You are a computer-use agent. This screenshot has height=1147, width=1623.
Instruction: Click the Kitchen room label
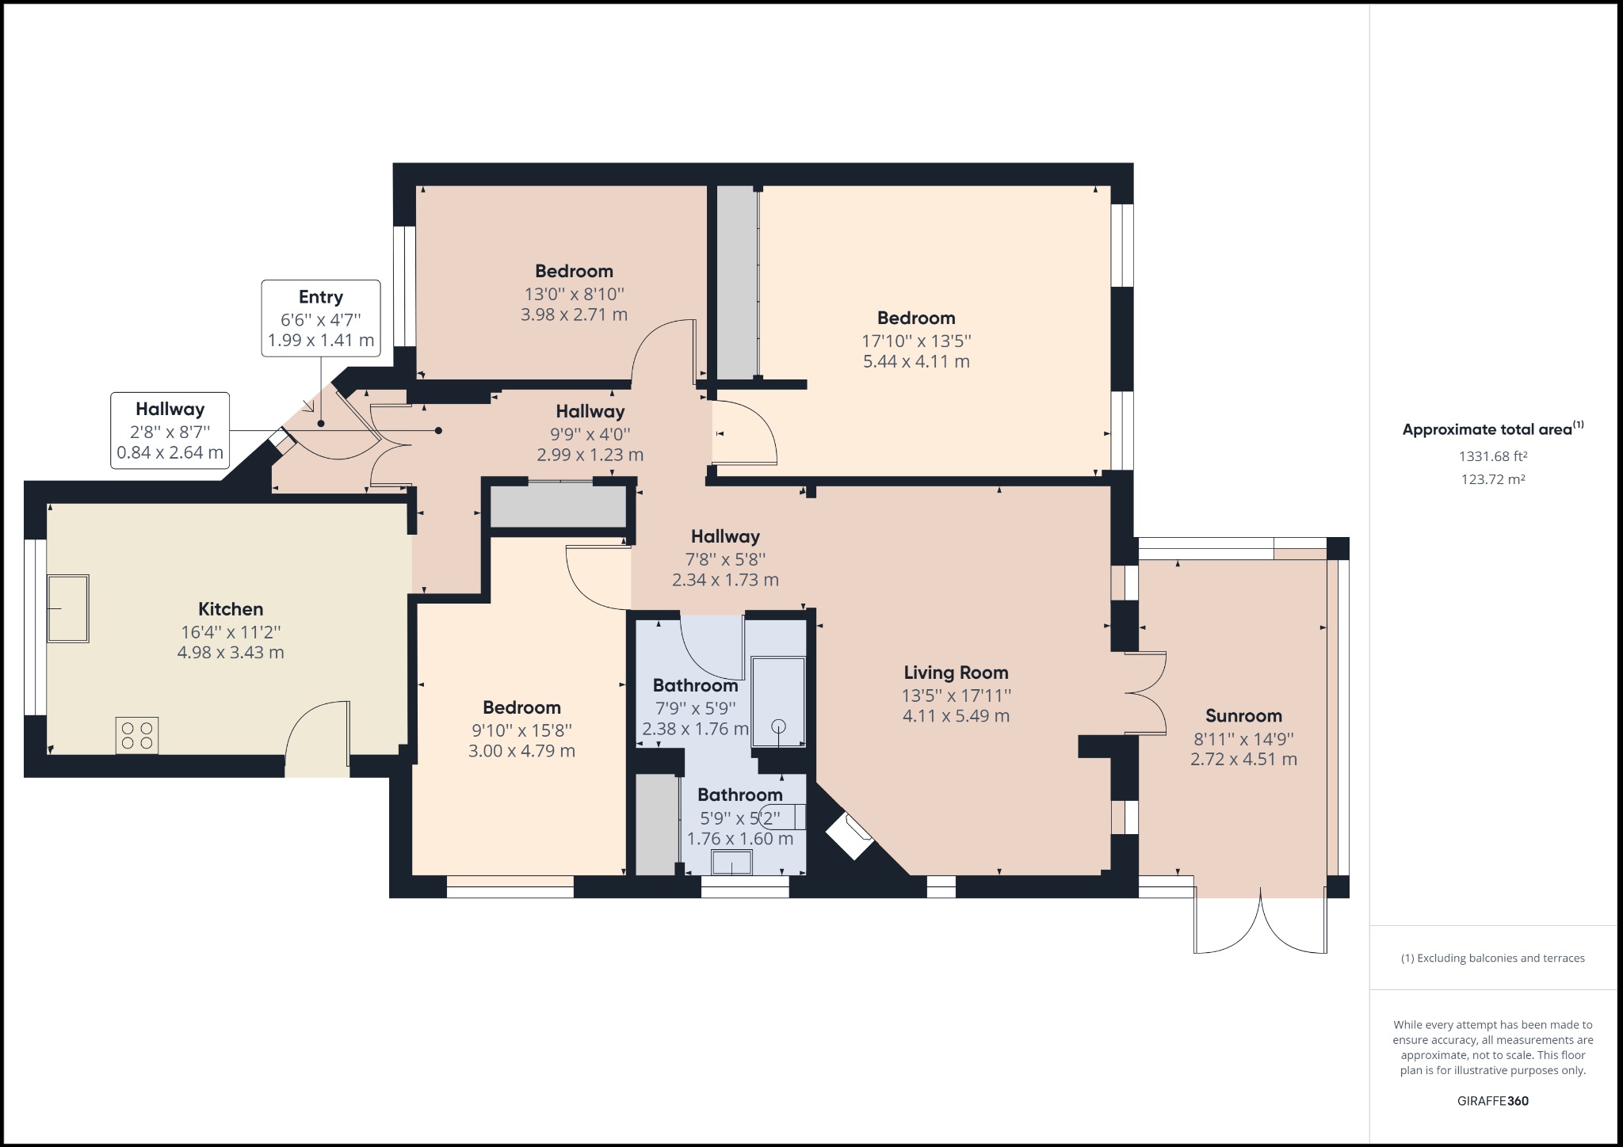(231, 609)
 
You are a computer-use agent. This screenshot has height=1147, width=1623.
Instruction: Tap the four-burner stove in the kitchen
(137, 735)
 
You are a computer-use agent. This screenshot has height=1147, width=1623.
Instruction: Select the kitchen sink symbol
(68, 608)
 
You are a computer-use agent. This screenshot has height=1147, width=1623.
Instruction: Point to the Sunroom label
(1243, 716)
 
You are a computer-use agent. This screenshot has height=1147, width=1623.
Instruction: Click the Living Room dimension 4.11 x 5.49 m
(956, 716)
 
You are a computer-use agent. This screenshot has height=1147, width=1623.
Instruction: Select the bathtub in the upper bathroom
(777, 701)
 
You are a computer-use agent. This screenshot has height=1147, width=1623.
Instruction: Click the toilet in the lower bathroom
(785, 816)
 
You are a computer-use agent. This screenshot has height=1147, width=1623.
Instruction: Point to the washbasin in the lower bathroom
(731, 862)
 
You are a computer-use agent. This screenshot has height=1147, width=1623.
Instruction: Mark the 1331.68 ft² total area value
(1493, 456)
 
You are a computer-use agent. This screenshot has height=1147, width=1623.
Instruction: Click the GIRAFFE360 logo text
(1493, 1101)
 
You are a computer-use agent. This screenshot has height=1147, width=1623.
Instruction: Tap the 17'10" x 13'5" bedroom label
(916, 341)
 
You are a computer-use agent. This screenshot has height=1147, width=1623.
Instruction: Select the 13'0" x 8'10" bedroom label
(574, 294)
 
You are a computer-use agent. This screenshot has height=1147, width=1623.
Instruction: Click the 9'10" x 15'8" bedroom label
(521, 730)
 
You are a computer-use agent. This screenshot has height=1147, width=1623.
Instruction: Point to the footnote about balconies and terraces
(1493, 958)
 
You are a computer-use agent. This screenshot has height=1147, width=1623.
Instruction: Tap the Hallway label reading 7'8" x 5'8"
(725, 558)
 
